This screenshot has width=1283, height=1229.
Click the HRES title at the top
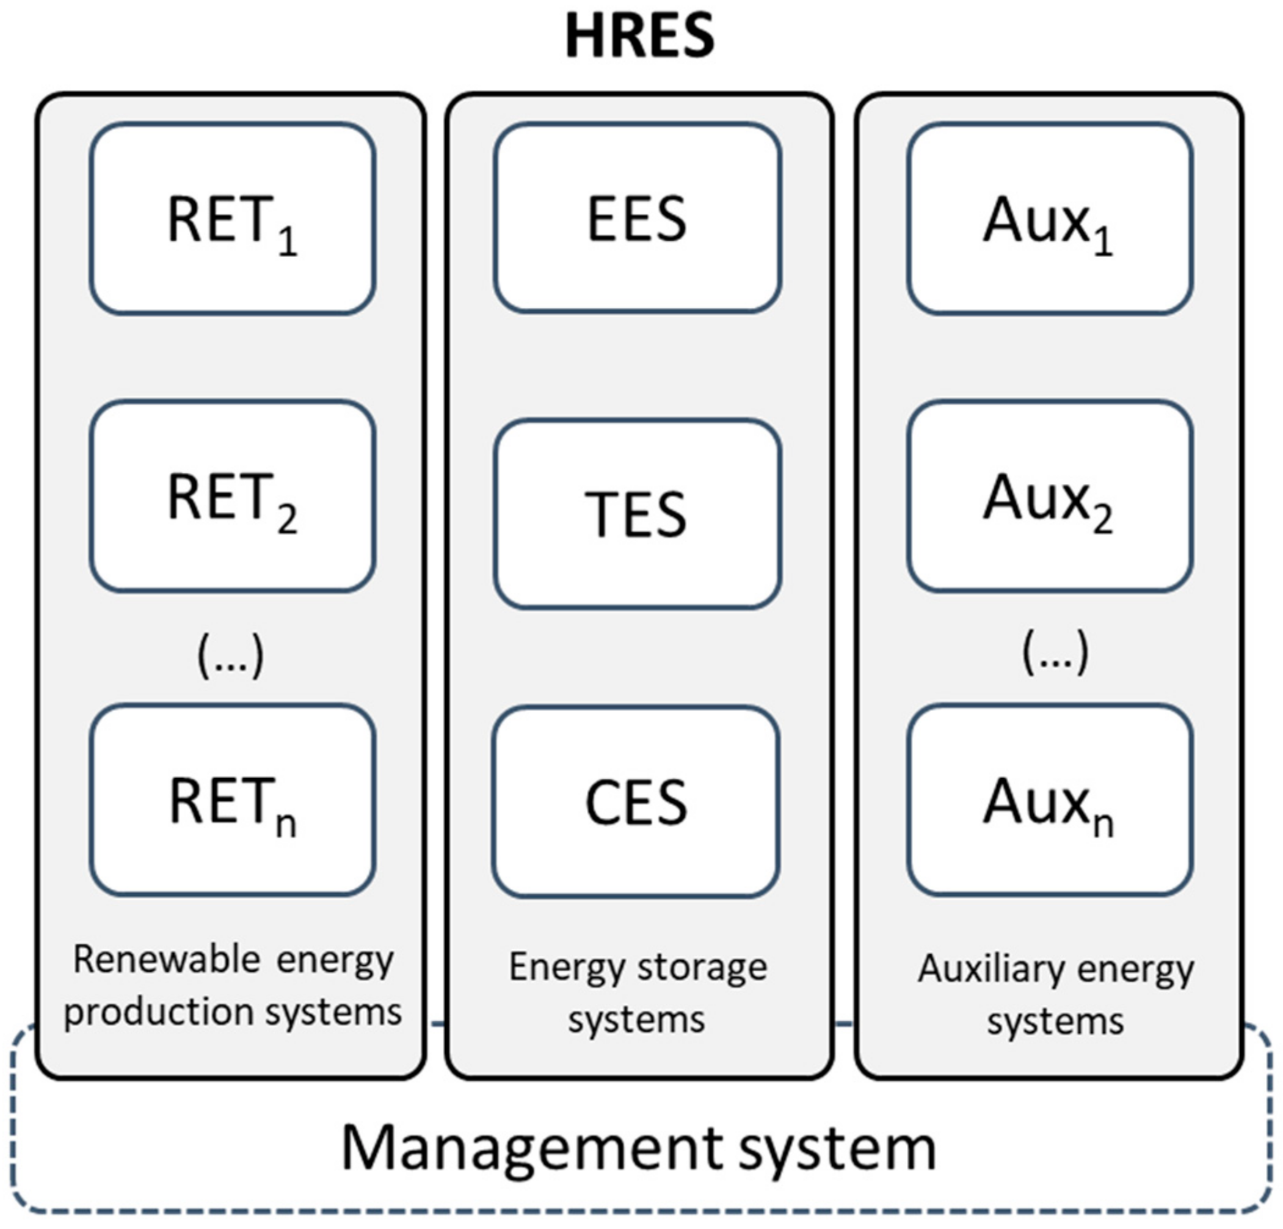[x=639, y=37]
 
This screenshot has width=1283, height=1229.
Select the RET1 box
[x=233, y=219]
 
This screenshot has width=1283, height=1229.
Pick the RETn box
[x=233, y=800]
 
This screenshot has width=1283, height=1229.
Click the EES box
[x=637, y=219]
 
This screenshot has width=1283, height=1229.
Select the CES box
[x=636, y=801]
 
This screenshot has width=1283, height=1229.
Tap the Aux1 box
[x=1049, y=219]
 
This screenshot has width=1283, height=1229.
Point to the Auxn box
[x=1049, y=800]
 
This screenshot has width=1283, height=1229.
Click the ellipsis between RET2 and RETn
[x=230, y=655]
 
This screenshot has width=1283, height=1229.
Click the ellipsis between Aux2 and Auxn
[x=1055, y=652]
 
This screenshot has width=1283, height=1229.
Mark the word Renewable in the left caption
[x=166, y=960]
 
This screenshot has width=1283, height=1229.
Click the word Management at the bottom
[x=531, y=1148]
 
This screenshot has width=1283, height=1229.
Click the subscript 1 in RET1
[x=288, y=243]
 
